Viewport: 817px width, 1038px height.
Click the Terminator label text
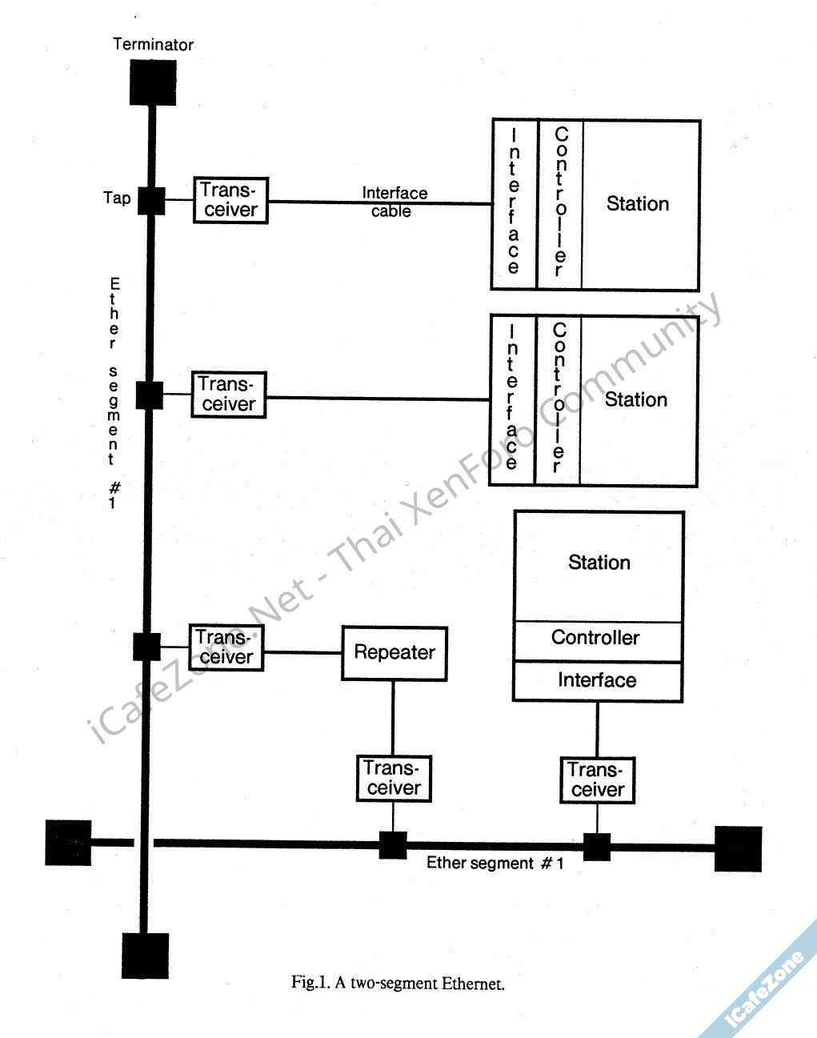click(x=153, y=44)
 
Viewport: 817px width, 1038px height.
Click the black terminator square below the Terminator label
click(x=153, y=82)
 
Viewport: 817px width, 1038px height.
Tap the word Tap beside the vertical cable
click(x=117, y=198)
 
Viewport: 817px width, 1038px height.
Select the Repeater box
click(x=394, y=652)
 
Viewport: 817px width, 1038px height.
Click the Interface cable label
click(x=394, y=202)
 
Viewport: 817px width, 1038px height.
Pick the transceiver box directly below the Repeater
click(x=393, y=779)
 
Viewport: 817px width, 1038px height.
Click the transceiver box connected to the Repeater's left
click(x=226, y=647)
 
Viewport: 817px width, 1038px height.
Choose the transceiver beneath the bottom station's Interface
click(x=596, y=780)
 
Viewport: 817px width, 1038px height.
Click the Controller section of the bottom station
click(x=596, y=639)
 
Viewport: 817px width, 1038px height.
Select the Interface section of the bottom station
click(x=597, y=681)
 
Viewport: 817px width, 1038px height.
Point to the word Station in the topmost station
click(x=637, y=204)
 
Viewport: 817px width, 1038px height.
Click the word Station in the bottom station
click(x=599, y=563)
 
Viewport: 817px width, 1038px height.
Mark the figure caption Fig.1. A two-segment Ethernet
click(x=398, y=983)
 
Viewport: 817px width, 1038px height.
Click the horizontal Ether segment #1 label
click(x=495, y=864)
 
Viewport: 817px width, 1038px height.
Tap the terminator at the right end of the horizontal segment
click(x=738, y=848)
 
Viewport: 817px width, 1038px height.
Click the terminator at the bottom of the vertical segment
click(x=146, y=955)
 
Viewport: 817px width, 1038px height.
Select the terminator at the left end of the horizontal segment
click(x=68, y=843)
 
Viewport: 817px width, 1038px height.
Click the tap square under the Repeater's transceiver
click(x=393, y=844)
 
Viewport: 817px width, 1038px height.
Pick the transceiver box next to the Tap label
click(x=230, y=200)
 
